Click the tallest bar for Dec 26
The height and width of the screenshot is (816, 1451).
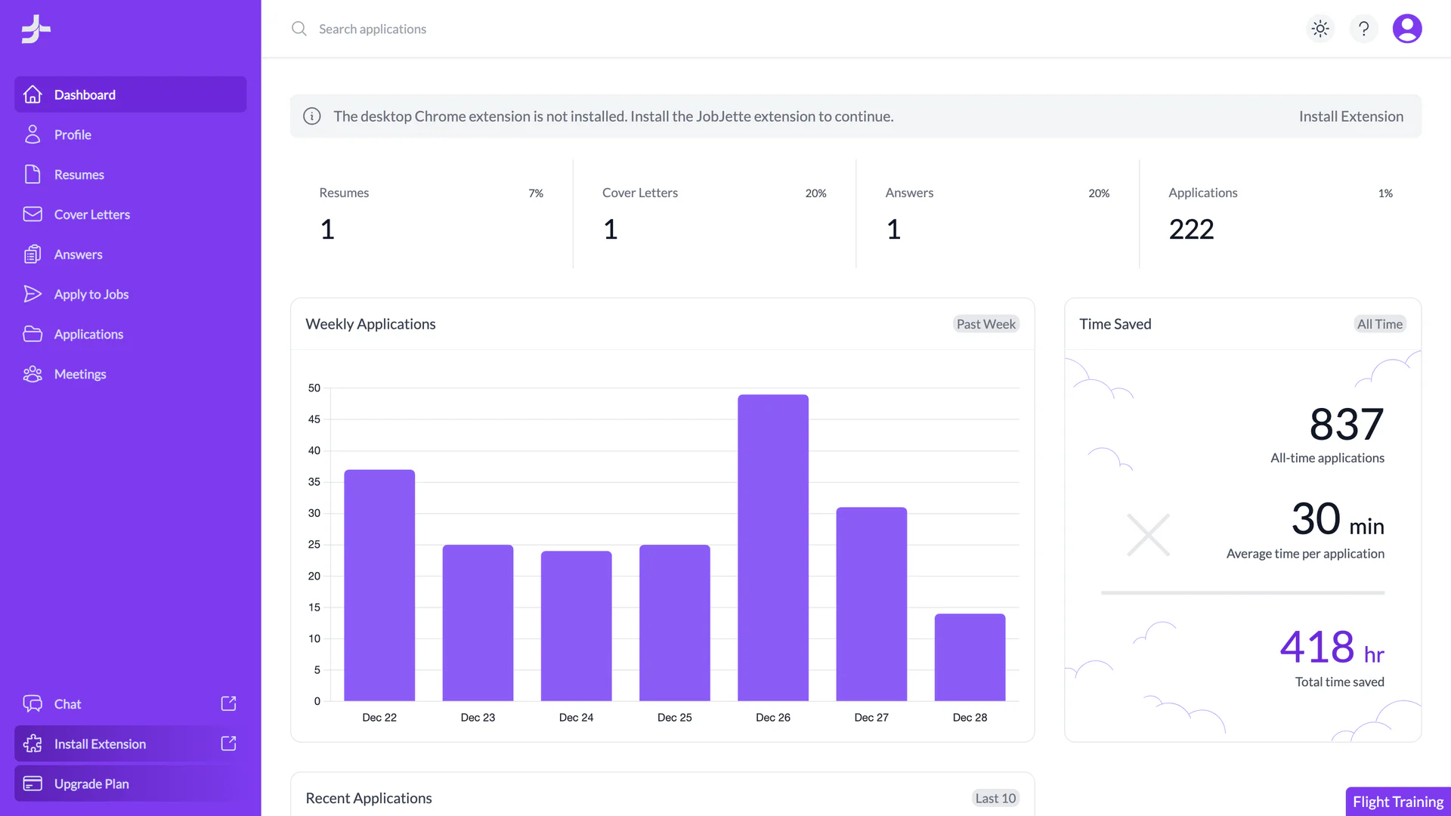(x=772, y=548)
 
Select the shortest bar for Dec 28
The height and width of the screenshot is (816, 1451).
(x=970, y=657)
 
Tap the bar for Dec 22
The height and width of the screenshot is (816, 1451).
(x=379, y=586)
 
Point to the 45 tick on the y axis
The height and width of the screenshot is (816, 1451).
(x=314, y=419)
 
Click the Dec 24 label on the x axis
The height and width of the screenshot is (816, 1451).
(x=576, y=717)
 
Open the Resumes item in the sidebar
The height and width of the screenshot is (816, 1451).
(x=79, y=175)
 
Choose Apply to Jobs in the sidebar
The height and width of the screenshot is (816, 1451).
(x=91, y=294)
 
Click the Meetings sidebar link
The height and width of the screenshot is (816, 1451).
(x=80, y=374)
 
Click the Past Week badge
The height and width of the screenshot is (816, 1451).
(x=985, y=324)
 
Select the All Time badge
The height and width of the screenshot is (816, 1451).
(x=1379, y=324)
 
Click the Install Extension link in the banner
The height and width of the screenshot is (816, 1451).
(x=1350, y=116)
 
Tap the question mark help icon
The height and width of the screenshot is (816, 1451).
(x=1363, y=29)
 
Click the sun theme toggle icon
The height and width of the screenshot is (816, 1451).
(x=1320, y=29)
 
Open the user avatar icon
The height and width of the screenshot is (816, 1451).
(x=1406, y=29)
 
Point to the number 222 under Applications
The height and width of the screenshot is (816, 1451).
(x=1191, y=229)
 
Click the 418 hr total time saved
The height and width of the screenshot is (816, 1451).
(x=1331, y=648)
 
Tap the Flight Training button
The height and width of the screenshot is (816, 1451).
(x=1397, y=802)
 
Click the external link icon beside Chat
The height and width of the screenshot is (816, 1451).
(x=228, y=703)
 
